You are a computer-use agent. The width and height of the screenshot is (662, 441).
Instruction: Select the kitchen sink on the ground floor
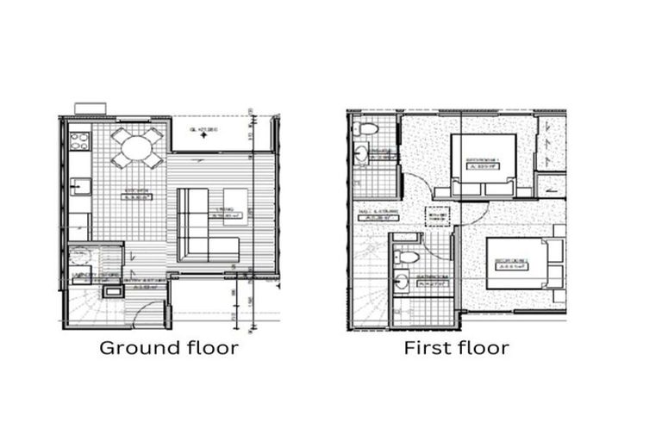pos(79,184)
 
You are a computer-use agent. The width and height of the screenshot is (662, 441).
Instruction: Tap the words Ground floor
pos(168,349)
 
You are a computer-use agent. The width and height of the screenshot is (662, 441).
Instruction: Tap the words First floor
pos(456,349)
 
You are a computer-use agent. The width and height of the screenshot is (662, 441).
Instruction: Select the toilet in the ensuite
pos(366,130)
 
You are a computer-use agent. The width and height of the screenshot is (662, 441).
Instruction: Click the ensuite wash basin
pos(359,153)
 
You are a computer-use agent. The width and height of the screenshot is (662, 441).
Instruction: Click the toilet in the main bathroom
pos(410,257)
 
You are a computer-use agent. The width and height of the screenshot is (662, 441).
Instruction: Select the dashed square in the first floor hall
pos(438,218)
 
